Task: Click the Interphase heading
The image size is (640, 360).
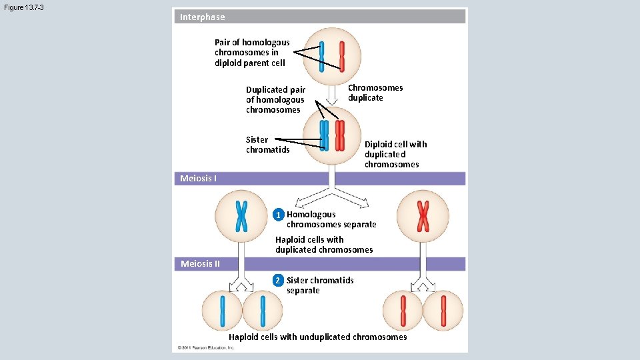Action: pyautogui.click(x=203, y=17)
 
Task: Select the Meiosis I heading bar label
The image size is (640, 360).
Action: pyautogui.click(x=198, y=178)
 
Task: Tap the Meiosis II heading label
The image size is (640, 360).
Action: pyautogui.click(x=200, y=263)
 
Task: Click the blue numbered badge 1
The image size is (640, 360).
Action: pyautogui.click(x=279, y=215)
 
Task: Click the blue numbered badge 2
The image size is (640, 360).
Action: pyautogui.click(x=279, y=281)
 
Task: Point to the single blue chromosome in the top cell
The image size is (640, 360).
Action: pyautogui.click(x=322, y=56)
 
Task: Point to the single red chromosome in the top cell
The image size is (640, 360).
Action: pyautogui.click(x=342, y=56)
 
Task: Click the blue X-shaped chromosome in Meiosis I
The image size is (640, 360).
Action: pyautogui.click(x=241, y=215)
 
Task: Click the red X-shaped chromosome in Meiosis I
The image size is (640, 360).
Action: pyautogui.click(x=423, y=215)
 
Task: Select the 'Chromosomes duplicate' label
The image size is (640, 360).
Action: pyautogui.click(x=375, y=93)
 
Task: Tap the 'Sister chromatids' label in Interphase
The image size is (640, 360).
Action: pyautogui.click(x=267, y=145)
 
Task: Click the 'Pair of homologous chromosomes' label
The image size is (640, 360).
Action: pyautogui.click(x=252, y=53)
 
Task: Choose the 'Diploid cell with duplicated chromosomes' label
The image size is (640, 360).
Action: pyautogui.click(x=395, y=154)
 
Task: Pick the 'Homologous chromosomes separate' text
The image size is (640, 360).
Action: pyautogui.click(x=331, y=219)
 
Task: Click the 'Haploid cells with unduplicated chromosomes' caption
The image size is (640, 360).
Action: pyautogui.click(x=317, y=337)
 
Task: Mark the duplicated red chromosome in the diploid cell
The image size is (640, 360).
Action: pyautogui.click(x=340, y=135)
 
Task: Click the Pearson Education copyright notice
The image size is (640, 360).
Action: pyautogui.click(x=206, y=347)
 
